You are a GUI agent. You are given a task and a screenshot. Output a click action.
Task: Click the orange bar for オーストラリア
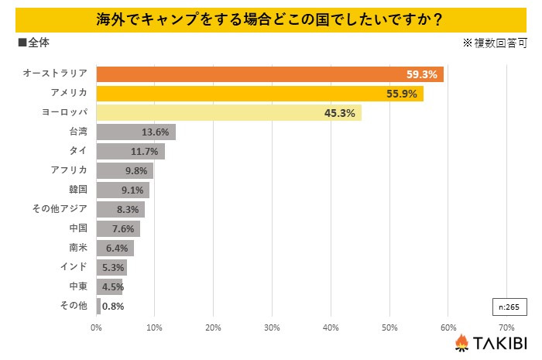(x=263, y=74)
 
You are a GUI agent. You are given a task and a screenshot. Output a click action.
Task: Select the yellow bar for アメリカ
(x=256, y=94)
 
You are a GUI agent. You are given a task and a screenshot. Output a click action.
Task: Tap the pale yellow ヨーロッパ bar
(x=225, y=113)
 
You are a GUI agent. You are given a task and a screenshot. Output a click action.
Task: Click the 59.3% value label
(x=422, y=74)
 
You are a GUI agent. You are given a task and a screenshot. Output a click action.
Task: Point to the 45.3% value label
(x=339, y=113)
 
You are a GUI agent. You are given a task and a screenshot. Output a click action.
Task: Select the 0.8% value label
(x=113, y=306)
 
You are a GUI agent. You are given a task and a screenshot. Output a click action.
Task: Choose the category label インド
(x=74, y=267)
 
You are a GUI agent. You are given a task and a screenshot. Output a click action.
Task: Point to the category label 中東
(x=78, y=286)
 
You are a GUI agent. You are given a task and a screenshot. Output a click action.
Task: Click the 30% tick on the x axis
(x=272, y=327)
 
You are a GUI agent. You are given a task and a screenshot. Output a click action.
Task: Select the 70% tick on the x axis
(x=506, y=327)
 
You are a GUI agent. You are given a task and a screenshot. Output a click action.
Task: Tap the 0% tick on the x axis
(x=96, y=327)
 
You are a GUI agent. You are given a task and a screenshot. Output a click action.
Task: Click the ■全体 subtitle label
(x=33, y=43)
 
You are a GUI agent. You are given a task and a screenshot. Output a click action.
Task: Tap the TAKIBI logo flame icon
(x=462, y=343)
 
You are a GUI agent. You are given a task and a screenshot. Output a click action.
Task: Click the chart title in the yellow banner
(x=270, y=17)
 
